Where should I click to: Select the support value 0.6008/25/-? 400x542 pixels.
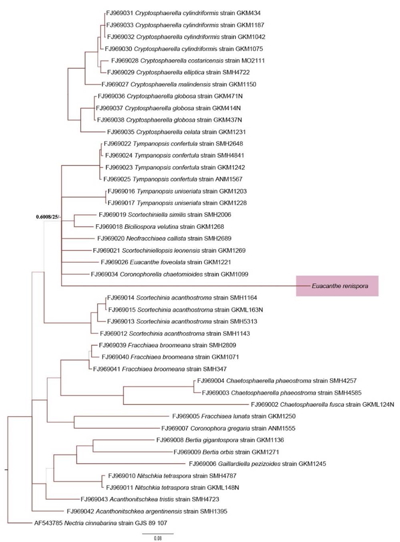click(x=48, y=217)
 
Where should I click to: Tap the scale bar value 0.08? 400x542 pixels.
click(x=158, y=538)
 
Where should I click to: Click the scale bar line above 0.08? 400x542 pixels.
click(x=158, y=534)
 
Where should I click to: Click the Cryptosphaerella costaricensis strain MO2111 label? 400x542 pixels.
click(x=188, y=61)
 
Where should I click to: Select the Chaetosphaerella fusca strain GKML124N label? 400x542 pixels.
click(x=322, y=404)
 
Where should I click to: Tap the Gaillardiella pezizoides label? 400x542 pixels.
click(x=257, y=464)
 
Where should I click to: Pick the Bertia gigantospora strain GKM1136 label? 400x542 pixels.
click(x=220, y=440)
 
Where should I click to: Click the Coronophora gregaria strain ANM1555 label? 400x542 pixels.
click(x=228, y=428)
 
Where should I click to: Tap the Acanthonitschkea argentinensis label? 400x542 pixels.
click(x=147, y=511)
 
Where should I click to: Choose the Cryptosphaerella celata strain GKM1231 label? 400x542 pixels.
click(x=176, y=132)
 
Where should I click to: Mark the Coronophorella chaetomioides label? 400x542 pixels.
click(x=169, y=274)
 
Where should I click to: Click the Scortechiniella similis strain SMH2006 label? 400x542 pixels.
click(x=165, y=215)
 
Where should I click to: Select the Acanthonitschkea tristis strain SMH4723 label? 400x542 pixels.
click(x=150, y=499)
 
